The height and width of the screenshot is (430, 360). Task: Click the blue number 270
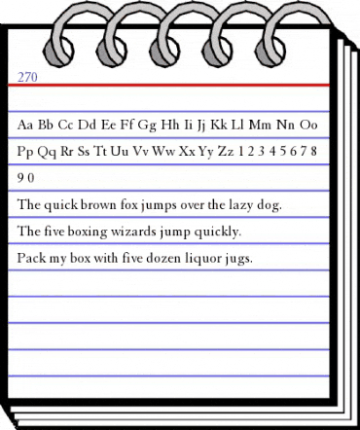pyautogui.click(x=27, y=74)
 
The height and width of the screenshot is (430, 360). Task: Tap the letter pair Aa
pyautogui.click(x=27, y=125)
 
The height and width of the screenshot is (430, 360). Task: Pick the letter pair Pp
pyautogui.click(x=27, y=153)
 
